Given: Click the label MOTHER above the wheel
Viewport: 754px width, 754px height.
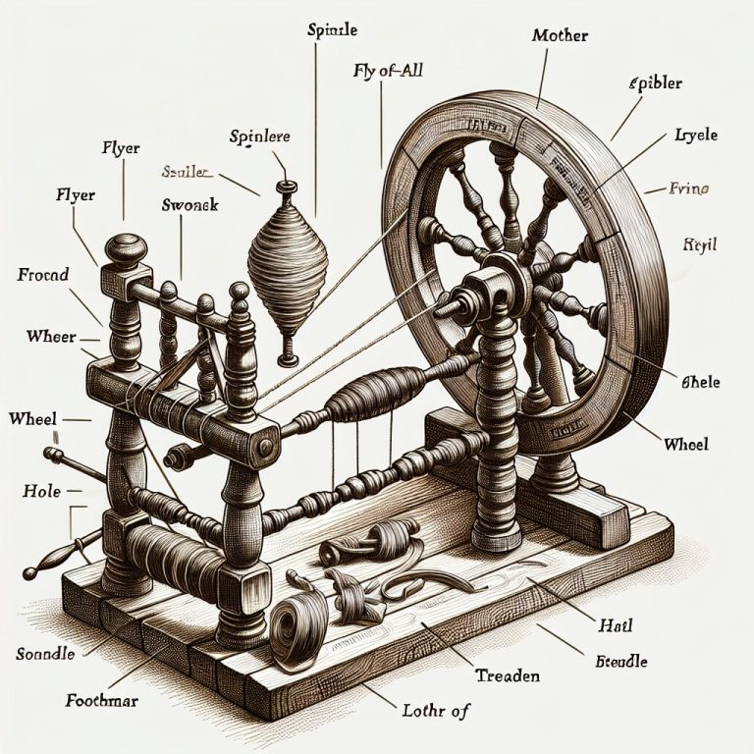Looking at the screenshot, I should pos(559,36).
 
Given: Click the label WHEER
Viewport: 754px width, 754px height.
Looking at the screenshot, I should pos(51,337).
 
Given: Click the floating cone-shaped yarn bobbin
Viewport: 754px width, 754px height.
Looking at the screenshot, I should pos(287,260).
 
